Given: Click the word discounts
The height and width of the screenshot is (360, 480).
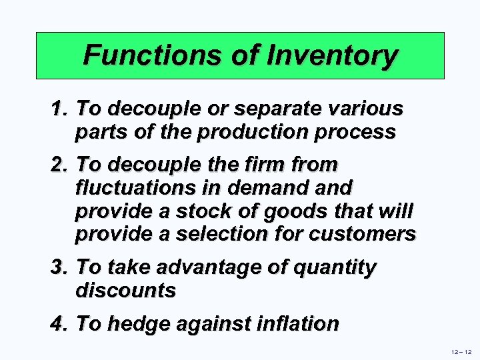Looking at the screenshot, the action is (125, 291).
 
